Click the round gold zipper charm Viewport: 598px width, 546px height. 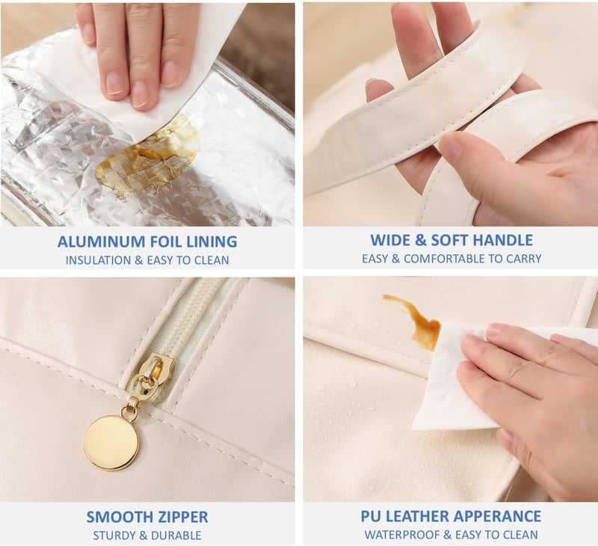111,443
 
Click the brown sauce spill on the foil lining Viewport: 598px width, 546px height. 149,153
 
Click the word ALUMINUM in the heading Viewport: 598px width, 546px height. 102,242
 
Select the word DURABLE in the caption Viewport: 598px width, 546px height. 176,536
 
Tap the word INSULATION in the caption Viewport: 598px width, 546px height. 98,260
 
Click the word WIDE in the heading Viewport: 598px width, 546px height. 390,240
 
